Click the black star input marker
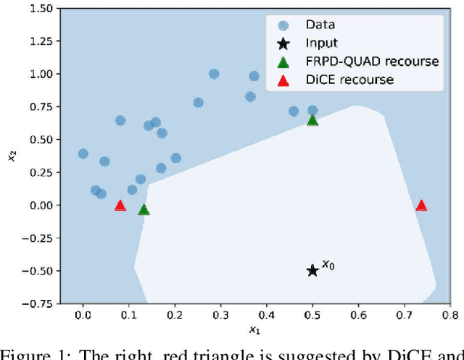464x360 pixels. click(312, 270)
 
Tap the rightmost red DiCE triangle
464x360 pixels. click(420, 206)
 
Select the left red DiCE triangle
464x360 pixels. click(120, 206)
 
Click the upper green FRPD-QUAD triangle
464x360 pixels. click(312, 120)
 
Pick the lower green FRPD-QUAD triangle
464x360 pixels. click(144, 210)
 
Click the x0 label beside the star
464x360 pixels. click(328, 265)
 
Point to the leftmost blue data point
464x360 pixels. click(83, 154)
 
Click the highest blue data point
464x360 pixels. click(214, 74)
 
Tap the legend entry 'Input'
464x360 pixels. click(321, 43)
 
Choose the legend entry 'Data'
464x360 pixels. click(319, 25)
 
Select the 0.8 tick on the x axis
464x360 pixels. click(450, 315)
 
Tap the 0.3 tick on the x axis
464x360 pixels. click(220, 315)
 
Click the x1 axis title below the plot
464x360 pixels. click(253, 330)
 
